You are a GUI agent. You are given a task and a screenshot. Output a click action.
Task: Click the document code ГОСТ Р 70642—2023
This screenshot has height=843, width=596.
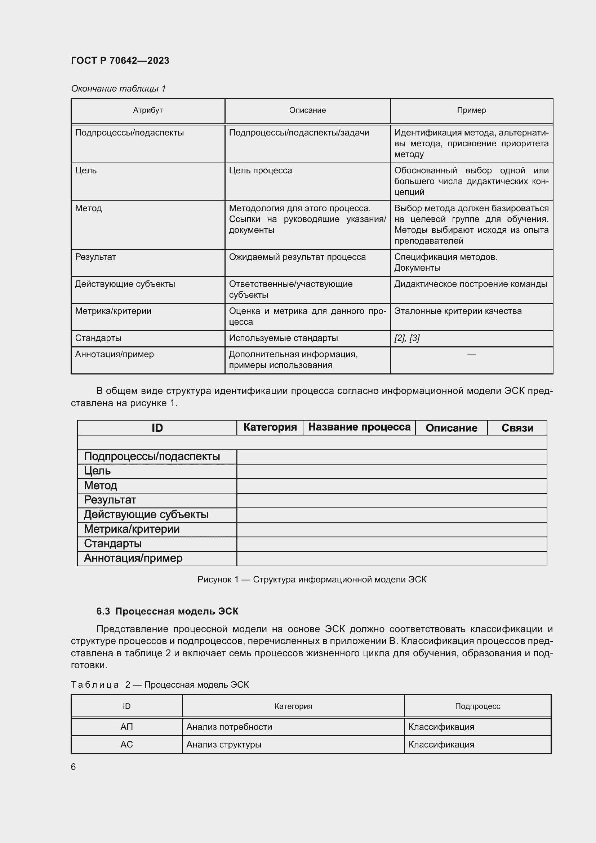coord(120,61)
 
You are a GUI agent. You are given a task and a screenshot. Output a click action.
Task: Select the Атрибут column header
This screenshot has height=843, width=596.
coord(147,110)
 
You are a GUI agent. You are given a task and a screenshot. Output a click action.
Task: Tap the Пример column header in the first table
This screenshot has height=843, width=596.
coord(471,110)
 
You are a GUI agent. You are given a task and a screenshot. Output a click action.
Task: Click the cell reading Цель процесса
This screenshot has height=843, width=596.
coord(260,170)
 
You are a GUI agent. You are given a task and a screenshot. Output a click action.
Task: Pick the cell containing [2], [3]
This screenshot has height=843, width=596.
coord(406,338)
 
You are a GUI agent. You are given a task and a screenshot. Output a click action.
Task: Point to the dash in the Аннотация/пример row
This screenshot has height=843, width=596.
coord(471,355)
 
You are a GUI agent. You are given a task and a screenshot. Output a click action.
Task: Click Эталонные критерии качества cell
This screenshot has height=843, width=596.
coord(458,311)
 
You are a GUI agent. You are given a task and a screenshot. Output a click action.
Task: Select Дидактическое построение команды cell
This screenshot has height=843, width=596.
coord(471,284)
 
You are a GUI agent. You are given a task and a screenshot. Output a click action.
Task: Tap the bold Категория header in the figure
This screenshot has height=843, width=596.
coord(270,427)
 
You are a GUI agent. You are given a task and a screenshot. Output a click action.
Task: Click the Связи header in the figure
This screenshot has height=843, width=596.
coord(517,428)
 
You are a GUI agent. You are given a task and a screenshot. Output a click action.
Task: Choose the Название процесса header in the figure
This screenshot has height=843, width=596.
coord(359,427)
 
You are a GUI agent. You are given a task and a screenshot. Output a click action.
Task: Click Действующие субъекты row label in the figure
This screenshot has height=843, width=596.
coord(146,515)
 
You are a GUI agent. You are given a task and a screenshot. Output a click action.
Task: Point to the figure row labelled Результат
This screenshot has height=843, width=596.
coord(110,500)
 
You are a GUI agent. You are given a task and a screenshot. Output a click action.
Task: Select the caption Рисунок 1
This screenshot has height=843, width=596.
coord(312,580)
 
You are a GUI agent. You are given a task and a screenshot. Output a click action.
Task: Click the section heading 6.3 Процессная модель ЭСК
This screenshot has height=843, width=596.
coord(167,611)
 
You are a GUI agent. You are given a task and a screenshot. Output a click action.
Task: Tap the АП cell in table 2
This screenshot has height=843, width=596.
coord(126,727)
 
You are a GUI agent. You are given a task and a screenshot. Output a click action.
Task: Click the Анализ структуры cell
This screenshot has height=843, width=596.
coord(224,745)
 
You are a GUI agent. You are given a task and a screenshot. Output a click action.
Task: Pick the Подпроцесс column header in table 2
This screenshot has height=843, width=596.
coord(477,706)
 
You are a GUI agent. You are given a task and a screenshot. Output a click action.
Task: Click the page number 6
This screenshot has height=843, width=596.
coord(74,767)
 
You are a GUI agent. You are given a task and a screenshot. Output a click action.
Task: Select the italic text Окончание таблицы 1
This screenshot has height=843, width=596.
coord(118,89)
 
